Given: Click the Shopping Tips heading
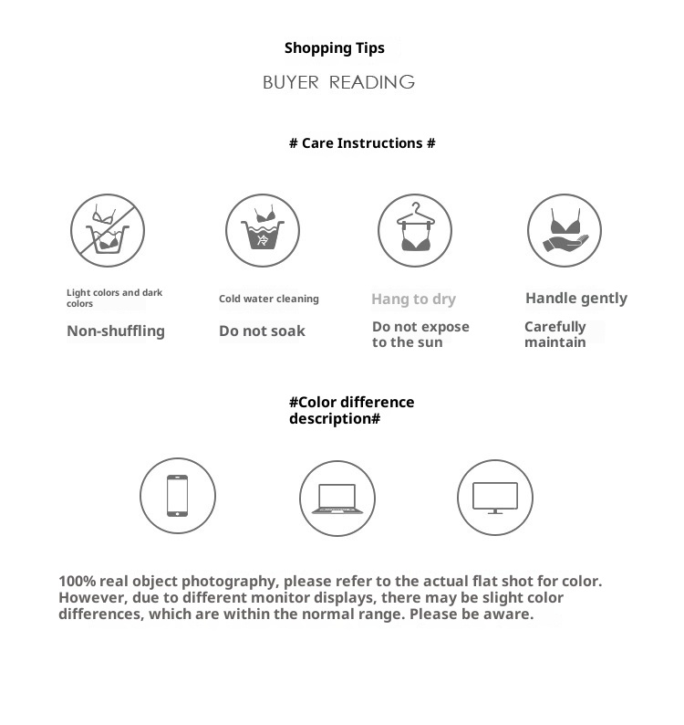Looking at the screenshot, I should (x=334, y=48).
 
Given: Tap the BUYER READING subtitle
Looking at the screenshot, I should (x=338, y=82).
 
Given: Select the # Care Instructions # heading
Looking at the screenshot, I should (x=362, y=143).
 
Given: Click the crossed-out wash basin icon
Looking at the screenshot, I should (x=109, y=230).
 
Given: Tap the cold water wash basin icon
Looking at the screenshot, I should (x=263, y=230).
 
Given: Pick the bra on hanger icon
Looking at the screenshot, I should (x=415, y=230).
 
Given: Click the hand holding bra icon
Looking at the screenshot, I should (x=565, y=230).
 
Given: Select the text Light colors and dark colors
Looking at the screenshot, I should (x=114, y=298).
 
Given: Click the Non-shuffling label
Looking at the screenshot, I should (x=116, y=331).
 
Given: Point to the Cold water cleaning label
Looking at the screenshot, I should (x=269, y=299).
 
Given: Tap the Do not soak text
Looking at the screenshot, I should (x=262, y=331).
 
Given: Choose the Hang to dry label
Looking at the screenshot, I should (x=413, y=299).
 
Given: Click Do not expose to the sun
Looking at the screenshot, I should (x=420, y=334).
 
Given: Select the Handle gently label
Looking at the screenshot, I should (x=576, y=298).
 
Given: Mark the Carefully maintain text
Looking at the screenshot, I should (x=555, y=334).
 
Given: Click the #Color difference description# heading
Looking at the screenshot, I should (x=351, y=410).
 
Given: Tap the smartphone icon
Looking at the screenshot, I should (x=178, y=497).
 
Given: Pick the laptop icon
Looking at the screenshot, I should (x=337, y=499).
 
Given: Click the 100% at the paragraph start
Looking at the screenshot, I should (x=77, y=581).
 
